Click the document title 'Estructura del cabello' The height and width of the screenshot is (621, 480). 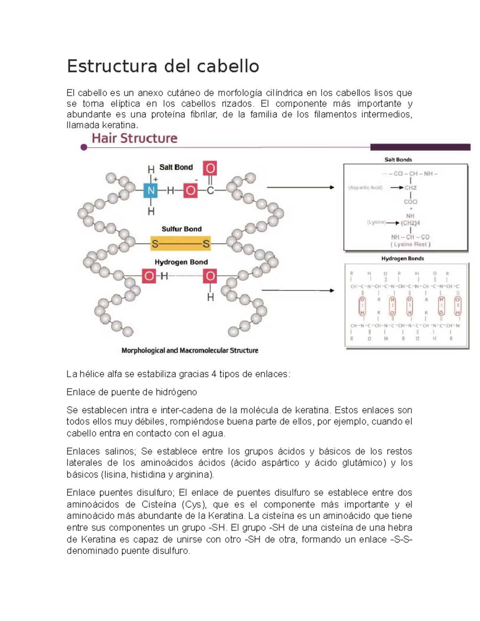tap(163, 66)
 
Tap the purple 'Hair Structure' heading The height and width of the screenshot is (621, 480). tap(134, 138)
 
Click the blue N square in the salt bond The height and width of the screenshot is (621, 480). tap(151, 190)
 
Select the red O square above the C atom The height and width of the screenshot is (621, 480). tap(210, 168)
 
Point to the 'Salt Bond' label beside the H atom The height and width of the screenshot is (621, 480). tap(176, 167)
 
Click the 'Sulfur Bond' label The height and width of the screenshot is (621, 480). tap(181, 229)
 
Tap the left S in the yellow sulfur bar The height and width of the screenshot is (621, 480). tap(155, 244)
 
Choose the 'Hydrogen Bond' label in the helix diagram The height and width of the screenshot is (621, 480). tap(181, 262)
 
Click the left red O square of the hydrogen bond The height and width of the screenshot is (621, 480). tap(149, 276)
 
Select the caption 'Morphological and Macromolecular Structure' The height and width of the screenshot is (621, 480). tap(190, 351)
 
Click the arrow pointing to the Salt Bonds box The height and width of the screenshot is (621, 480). tap(300, 187)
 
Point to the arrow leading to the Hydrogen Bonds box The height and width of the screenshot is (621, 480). tap(298, 291)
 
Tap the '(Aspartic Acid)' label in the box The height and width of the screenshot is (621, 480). tap(365, 188)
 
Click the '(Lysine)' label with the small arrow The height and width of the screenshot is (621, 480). tap(376, 222)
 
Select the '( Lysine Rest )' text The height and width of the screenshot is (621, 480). tap(410, 244)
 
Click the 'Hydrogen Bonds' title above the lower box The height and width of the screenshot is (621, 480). tap(402, 259)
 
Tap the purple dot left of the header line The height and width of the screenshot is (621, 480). tap(84, 148)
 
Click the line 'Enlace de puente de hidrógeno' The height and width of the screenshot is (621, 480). tap(132, 392)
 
